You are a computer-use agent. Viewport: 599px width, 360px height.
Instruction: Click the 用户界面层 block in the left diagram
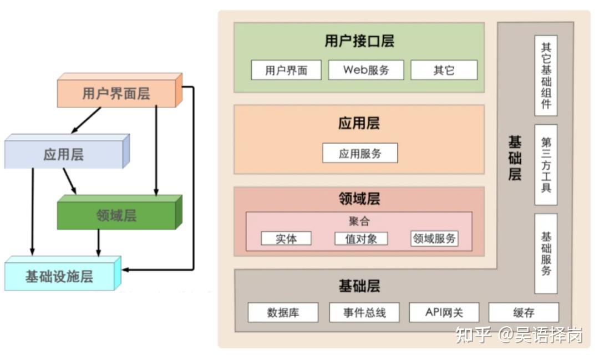116,93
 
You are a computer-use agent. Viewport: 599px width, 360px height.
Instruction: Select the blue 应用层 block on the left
64,154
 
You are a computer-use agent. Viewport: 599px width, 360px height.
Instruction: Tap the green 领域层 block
116,216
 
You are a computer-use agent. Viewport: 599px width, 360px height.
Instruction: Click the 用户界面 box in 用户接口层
286,70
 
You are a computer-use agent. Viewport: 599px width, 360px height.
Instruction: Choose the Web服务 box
366,70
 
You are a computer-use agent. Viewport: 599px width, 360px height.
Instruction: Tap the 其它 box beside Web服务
444,70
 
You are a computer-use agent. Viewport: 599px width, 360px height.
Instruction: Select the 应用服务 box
360,153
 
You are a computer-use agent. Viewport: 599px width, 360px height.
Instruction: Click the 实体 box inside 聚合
286,239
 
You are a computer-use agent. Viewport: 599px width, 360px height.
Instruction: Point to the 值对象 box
361,239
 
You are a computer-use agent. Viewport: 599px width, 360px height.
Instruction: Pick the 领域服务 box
434,239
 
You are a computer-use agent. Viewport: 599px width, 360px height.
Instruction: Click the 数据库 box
283,312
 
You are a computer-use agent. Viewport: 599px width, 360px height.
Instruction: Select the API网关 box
444,312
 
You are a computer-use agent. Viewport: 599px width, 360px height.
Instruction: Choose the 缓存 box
524,312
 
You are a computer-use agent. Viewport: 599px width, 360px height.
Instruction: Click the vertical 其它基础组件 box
546,75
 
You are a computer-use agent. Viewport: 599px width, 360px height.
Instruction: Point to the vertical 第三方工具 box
546,165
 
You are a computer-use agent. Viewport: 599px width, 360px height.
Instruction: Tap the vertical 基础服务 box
546,253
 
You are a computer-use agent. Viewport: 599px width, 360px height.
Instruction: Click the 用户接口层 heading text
359,42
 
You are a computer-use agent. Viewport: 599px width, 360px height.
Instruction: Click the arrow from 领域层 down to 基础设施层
99,243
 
